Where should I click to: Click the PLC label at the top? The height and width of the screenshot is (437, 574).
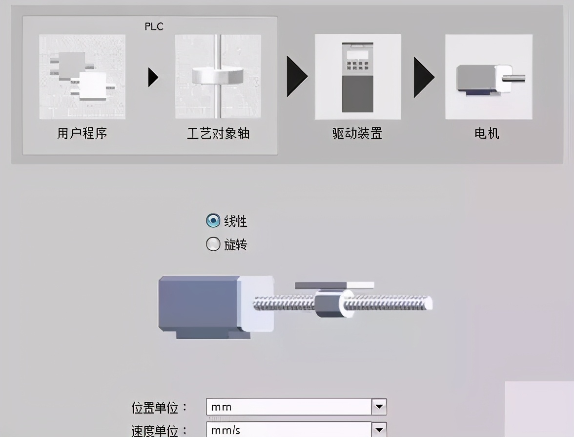(154, 26)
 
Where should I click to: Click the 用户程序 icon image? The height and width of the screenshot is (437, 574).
(82, 77)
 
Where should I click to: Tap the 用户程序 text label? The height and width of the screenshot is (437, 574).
(82, 133)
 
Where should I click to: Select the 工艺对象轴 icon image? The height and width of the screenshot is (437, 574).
(218, 77)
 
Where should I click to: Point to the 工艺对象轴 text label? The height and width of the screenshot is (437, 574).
(218, 133)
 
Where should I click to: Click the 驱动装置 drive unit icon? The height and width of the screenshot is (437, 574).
(358, 77)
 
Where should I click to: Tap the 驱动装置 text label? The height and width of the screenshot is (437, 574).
(357, 133)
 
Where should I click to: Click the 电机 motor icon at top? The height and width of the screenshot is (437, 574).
(489, 77)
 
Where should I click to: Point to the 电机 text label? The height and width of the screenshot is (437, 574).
(487, 133)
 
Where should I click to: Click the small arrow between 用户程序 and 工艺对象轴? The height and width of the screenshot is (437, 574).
(153, 77)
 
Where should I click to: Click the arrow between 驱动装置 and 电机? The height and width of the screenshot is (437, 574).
(423, 77)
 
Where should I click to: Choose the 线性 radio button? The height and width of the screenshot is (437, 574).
(213, 221)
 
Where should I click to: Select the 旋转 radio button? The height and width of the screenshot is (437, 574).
(213, 244)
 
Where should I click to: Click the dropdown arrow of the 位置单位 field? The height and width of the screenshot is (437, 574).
(379, 407)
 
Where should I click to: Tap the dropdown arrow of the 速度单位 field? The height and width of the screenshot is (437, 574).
(379, 430)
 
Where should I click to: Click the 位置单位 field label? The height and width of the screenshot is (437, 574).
(159, 407)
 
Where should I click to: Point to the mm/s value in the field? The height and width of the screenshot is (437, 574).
(225, 430)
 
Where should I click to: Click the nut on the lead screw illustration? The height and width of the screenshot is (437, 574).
(330, 304)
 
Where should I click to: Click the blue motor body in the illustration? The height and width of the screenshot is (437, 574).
(198, 304)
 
